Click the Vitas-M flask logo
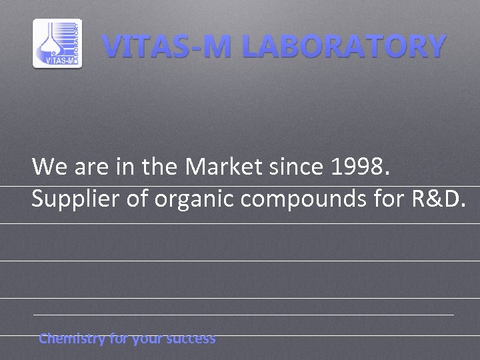coord(57,43)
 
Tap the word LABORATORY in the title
coord(343,47)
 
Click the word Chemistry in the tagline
coord(72,339)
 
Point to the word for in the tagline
coord(119,339)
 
